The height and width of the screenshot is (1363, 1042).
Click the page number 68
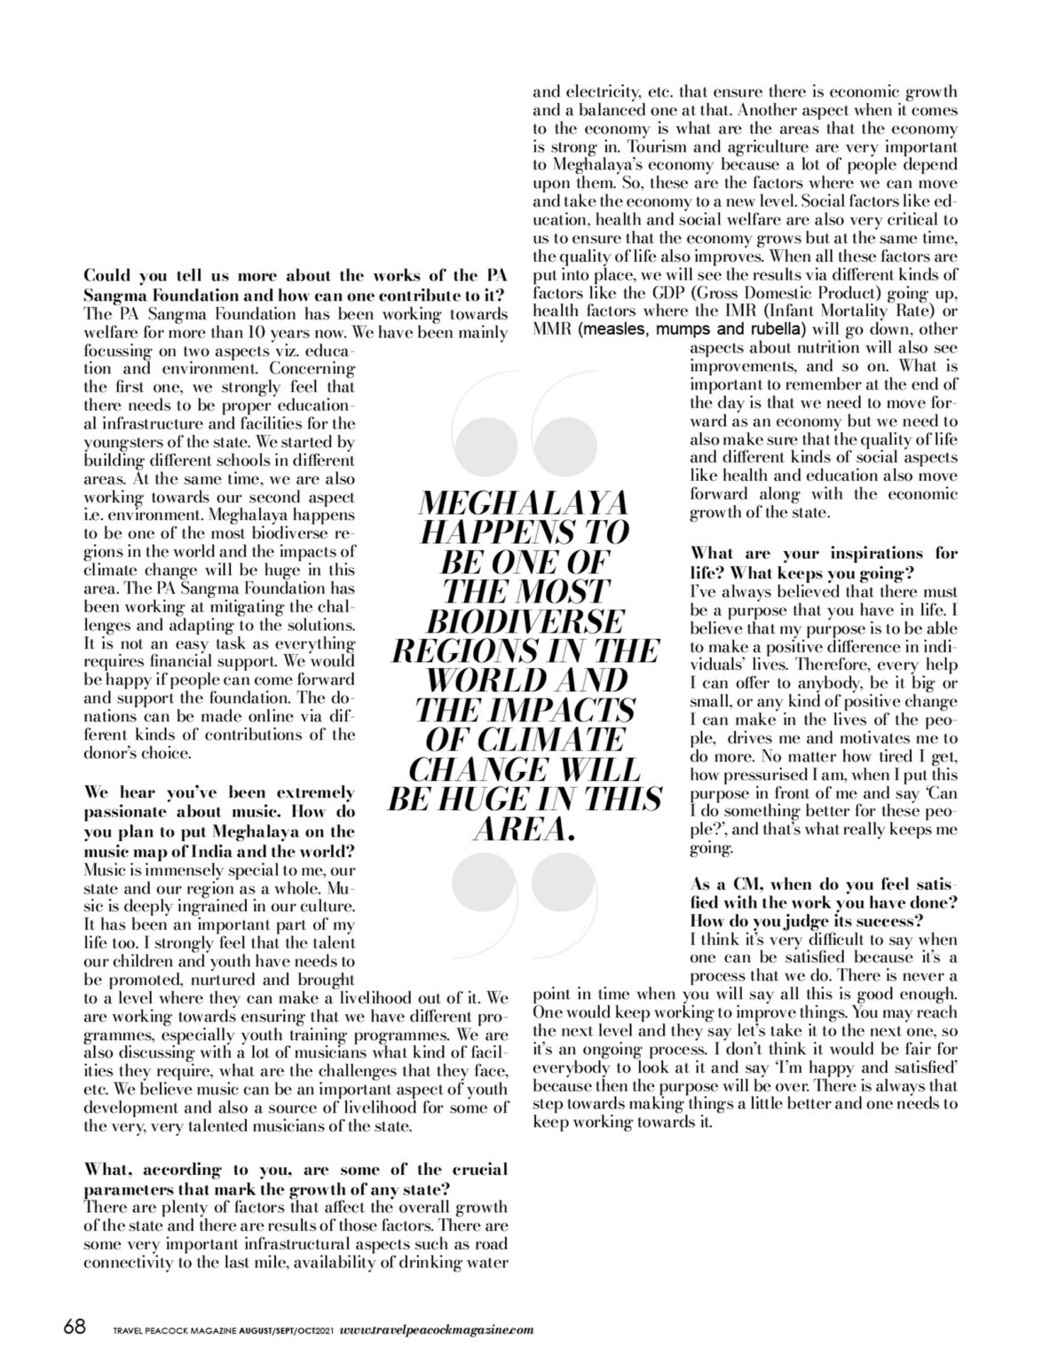click(x=75, y=1328)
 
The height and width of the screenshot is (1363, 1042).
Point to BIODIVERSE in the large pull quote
click(x=523, y=621)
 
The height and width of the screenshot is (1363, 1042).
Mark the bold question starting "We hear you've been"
click(x=218, y=821)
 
